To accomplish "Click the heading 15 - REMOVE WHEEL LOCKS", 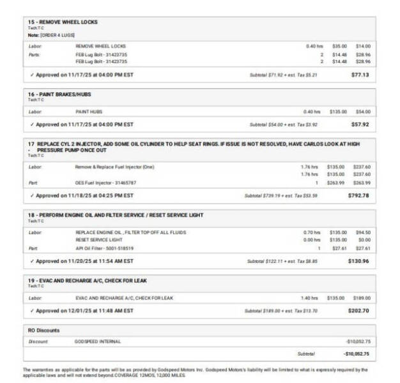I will (x=63, y=22).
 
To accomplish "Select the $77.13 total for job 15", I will (x=360, y=74).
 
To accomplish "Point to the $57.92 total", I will (x=360, y=124).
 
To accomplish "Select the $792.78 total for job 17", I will (x=358, y=195).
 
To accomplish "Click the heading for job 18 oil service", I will (x=116, y=215).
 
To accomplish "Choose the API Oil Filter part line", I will (x=104, y=248).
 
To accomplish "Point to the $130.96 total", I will (x=358, y=260).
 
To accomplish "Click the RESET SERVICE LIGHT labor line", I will (x=99, y=240).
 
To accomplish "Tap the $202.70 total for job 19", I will (x=358, y=310).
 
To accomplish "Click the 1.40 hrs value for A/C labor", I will (x=309, y=297).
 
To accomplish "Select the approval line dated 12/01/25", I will (x=81, y=310).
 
